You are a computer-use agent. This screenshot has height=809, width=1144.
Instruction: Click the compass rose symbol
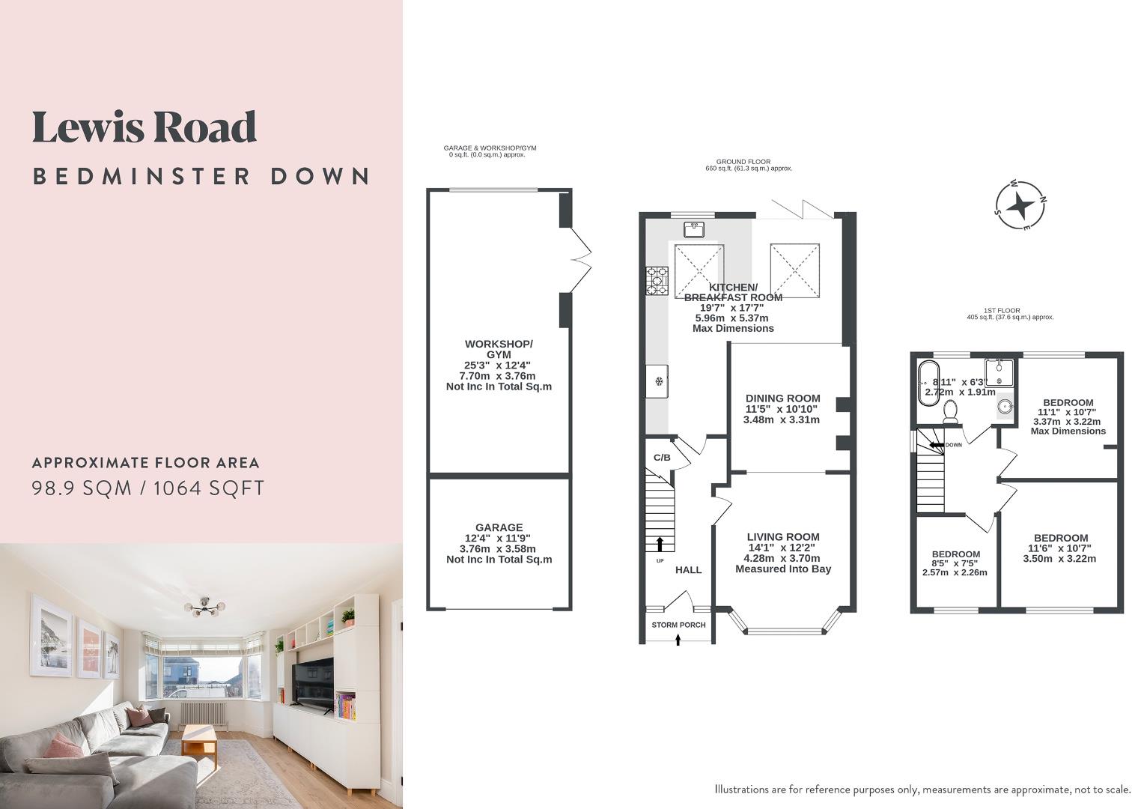point(1020,204)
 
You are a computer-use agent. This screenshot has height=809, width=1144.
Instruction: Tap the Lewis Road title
point(144,127)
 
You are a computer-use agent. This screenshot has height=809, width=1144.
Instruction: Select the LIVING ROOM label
point(783,537)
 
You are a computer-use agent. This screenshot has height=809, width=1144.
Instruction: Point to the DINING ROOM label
point(782,399)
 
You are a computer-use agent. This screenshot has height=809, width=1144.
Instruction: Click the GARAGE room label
point(499,527)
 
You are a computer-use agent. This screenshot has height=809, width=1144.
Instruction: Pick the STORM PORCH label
point(678,625)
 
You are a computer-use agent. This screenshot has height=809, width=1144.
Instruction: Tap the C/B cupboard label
point(662,458)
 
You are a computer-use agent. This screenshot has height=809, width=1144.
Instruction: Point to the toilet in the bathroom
point(951,410)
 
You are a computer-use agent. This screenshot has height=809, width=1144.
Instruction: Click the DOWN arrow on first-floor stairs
point(935,445)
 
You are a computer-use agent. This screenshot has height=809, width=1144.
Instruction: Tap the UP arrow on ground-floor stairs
point(660,544)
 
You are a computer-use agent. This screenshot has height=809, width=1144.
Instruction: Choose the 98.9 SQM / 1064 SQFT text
point(148,488)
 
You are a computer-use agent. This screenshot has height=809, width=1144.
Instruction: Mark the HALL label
point(689,570)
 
